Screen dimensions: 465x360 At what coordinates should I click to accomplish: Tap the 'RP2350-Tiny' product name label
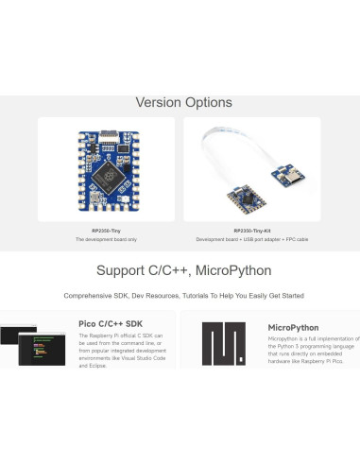click(x=106, y=231)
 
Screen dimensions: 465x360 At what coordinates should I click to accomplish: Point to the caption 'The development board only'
click(x=106, y=240)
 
